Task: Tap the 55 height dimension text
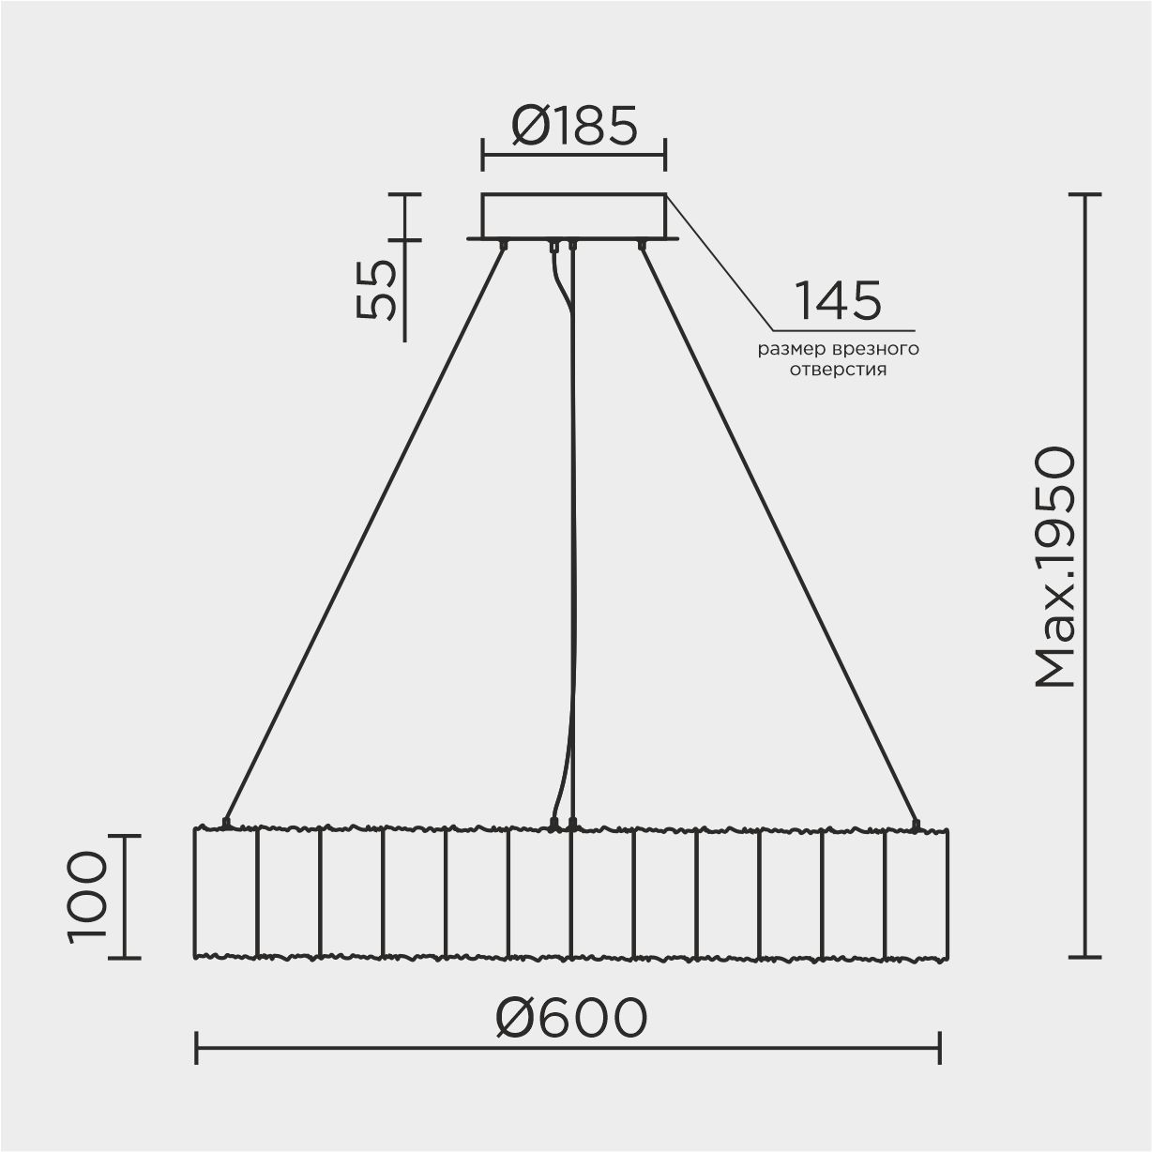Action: (377, 290)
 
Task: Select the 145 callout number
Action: (838, 300)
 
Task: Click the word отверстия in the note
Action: (838, 370)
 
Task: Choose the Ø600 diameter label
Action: (571, 1017)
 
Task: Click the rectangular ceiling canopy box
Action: (573, 215)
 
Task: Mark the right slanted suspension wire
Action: (779, 534)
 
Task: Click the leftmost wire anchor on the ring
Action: (225, 823)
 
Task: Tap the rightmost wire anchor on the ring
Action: (917, 825)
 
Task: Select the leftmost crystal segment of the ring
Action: (225, 892)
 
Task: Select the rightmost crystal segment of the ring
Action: (917, 892)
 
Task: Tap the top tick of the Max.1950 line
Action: (1084, 194)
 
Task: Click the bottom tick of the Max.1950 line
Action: (1084, 957)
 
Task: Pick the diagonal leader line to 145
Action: (720, 263)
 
